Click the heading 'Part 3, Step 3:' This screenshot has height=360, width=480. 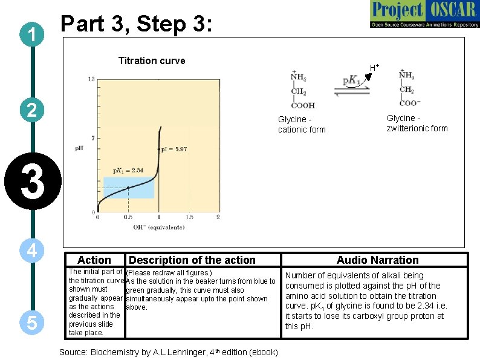click(x=137, y=24)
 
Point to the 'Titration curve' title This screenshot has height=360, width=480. click(x=152, y=61)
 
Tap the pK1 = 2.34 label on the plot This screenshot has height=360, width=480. click(x=128, y=170)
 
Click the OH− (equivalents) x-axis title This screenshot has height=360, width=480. click(x=158, y=227)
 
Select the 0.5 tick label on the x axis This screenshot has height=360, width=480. click(x=128, y=217)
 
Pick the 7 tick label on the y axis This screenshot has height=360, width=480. click(x=92, y=139)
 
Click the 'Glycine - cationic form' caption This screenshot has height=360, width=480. click(x=302, y=125)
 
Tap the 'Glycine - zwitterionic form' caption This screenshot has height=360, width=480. click(x=417, y=123)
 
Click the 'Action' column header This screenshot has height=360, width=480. click(x=94, y=260)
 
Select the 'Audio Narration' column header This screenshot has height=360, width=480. click(x=377, y=260)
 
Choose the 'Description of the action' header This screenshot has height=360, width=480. click(x=192, y=260)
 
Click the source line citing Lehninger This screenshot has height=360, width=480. click(x=169, y=352)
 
